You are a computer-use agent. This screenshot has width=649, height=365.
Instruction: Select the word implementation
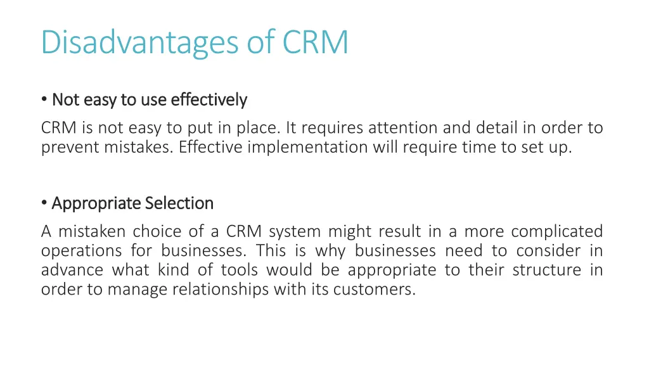pos(307,148)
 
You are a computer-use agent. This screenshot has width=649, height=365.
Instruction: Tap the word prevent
pos(64,148)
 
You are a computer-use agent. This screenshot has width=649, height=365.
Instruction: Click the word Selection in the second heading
pos(179,203)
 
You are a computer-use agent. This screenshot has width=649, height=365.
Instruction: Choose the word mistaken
pos(93,231)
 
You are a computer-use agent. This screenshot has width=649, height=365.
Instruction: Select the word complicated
pos(556,231)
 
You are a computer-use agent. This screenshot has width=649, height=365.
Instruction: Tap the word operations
pos(82,251)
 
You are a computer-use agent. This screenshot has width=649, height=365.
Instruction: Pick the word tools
pos(239,271)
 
